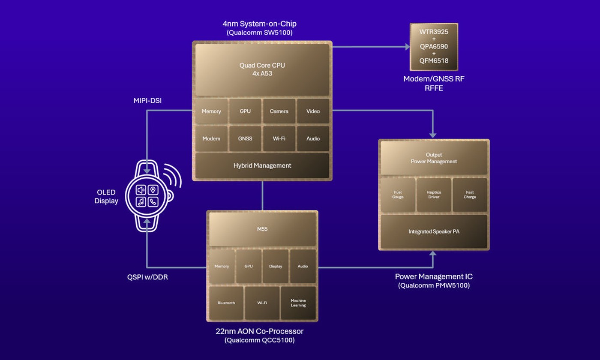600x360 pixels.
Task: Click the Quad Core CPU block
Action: [262, 69]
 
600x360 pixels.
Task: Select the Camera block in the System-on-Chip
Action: [279, 111]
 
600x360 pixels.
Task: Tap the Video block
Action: [313, 111]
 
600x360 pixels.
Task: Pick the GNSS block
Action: [245, 138]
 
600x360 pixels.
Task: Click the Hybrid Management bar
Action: [262, 165]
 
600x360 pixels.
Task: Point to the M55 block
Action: [262, 229]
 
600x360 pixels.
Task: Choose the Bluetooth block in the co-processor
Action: [226, 303]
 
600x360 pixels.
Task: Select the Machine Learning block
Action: [298, 303]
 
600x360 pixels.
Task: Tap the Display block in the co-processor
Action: [276, 266]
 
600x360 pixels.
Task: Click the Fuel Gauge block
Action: [398, 195]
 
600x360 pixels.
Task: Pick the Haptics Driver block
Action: [434, 195]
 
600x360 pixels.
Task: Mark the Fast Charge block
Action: [470, 195]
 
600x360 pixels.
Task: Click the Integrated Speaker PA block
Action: [434, 231]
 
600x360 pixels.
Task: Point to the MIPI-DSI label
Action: [147, 101]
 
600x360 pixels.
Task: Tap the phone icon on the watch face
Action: [153, 202]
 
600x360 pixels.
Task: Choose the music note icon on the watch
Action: [141, 202]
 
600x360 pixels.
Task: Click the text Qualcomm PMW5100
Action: [434, 285]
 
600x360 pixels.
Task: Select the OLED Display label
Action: [106, 197]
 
